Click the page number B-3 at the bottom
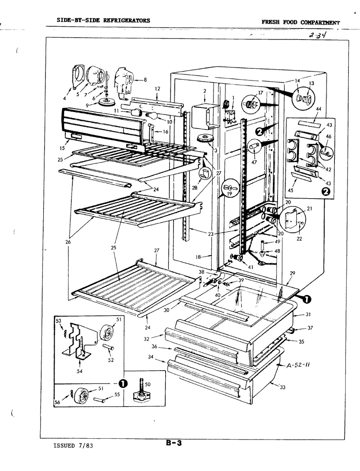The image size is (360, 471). click(174, 443)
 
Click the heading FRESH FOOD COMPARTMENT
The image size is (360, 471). click(301, 22)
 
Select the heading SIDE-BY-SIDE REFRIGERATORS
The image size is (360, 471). click(103, 21)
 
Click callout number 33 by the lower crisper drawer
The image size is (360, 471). click(283, 387)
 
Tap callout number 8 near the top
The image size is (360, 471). click(145, 80)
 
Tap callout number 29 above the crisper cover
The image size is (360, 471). click(292, 273)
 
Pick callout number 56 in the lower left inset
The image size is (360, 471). click(57, 403)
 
